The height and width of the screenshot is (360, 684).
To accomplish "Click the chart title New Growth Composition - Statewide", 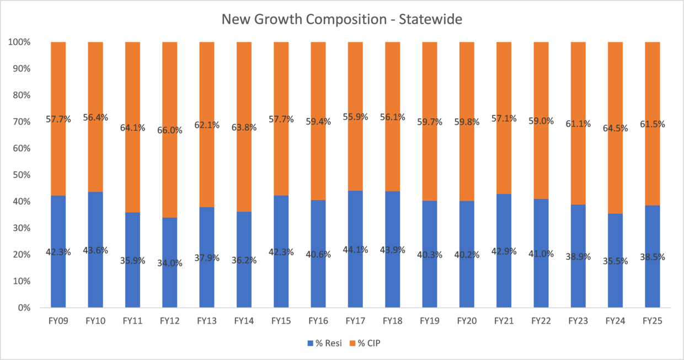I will (341, 19).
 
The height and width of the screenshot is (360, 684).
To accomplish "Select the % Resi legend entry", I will (324, 343).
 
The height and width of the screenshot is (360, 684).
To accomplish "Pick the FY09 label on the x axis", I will (58, 320).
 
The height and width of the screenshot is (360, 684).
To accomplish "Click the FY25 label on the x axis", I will (652, 320).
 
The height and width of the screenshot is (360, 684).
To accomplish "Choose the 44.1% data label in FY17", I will (355, 249).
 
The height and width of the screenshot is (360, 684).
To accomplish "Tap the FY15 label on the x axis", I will (281, 320).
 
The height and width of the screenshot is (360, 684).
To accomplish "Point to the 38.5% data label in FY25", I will (652, 256).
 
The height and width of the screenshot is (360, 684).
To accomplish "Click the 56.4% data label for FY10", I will (95, 117).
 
